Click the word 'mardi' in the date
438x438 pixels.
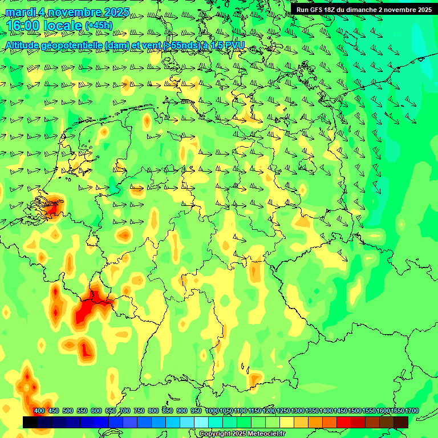coord(21,12)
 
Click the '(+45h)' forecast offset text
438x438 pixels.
coord(99,26)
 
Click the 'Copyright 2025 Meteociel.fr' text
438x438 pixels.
coord(242,434)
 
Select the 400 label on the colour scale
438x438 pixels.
coord(39,411)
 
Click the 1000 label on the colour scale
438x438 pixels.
coord(212,411)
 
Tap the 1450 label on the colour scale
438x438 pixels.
coord(340,411)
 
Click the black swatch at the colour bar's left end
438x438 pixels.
coord(30,422)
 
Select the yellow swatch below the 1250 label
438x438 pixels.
coord(287,422)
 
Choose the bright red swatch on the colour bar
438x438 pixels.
coord(344,422)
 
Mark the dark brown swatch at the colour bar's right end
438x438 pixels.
coord(401,422)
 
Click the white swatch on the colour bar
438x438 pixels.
coord(201,422)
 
